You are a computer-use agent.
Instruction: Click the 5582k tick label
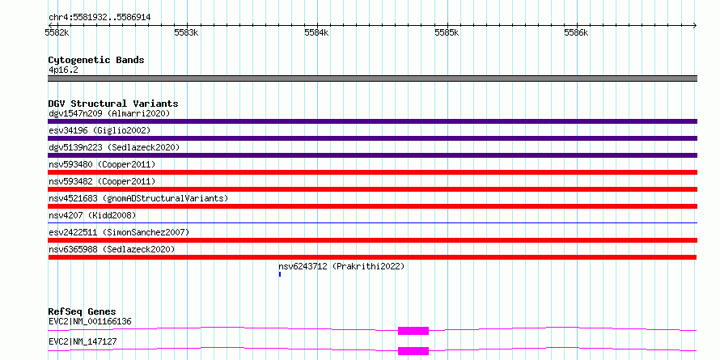coord(57,32)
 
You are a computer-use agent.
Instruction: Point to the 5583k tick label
coord(186,32)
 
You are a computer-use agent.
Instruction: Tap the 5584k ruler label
coord(317,32)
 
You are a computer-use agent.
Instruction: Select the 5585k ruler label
coord(447,32)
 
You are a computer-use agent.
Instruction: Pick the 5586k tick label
coord(576,32)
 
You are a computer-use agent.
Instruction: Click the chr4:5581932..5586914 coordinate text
coord(100,18)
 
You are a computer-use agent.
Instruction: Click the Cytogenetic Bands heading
coord(96,60)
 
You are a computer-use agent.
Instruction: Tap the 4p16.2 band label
coord(63,70)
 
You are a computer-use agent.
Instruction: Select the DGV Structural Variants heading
coord(113,104)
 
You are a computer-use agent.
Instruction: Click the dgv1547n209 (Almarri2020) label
coord(109,113)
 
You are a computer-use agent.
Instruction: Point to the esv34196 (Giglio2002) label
coord(100,130)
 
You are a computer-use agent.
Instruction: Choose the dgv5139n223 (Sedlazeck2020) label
coord(114,147)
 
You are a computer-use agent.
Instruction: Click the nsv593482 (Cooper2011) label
coord(102,181)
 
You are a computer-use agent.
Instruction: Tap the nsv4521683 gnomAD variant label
coord(138,198)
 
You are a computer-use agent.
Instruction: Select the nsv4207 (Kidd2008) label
coord(92,215)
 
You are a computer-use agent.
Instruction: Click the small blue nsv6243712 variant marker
coord(280,274)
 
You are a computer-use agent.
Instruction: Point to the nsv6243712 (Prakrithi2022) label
coord(341,266)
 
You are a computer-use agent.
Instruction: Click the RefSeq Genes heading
coord(83,311)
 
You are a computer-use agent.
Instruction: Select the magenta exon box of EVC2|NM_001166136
coord(413,331)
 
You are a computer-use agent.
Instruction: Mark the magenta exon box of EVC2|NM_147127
coord(413,351)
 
